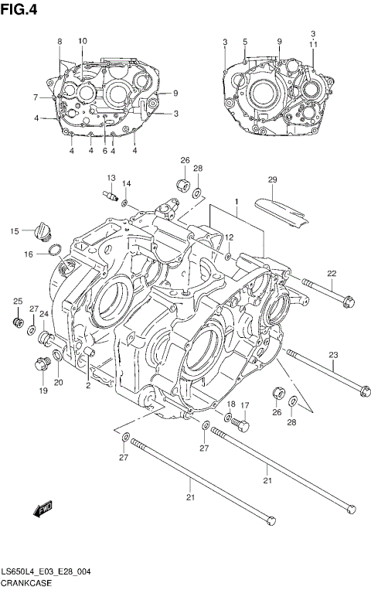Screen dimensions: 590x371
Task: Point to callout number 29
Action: pyautogui.click(x=272, y=179)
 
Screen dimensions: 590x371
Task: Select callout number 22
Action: pyautogui.click(x=332, y=273)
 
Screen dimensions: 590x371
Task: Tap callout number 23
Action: pyautogui.click(x=334, y=355)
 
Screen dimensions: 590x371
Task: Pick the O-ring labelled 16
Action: pyautogui.click(x=53, y=250)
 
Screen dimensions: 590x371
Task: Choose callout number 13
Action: pyautogui.click(x=111, y=179)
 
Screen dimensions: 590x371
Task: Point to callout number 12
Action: pyautogui.click(x=230, y=237)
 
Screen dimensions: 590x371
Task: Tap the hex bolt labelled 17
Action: pyautogui.click(x=241, y=425)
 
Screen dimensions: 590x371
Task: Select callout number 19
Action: pyautogui.click(x=43, y=391)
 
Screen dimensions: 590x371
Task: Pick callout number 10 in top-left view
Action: pyautogui.click(x=83, y=40)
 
